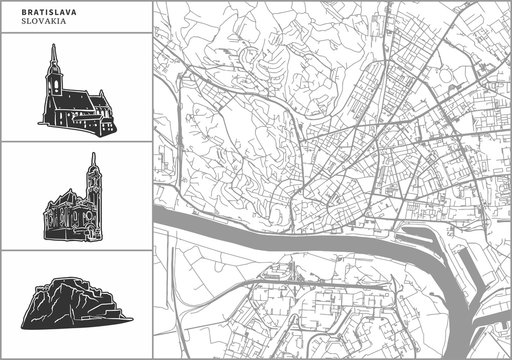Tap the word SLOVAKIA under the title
click(29, 20)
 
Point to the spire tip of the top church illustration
click(54, 45)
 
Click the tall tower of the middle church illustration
click(94, 195)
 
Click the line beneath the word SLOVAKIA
click(75, 31)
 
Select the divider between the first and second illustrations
click(75, 141)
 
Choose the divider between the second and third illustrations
click(75, 250)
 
